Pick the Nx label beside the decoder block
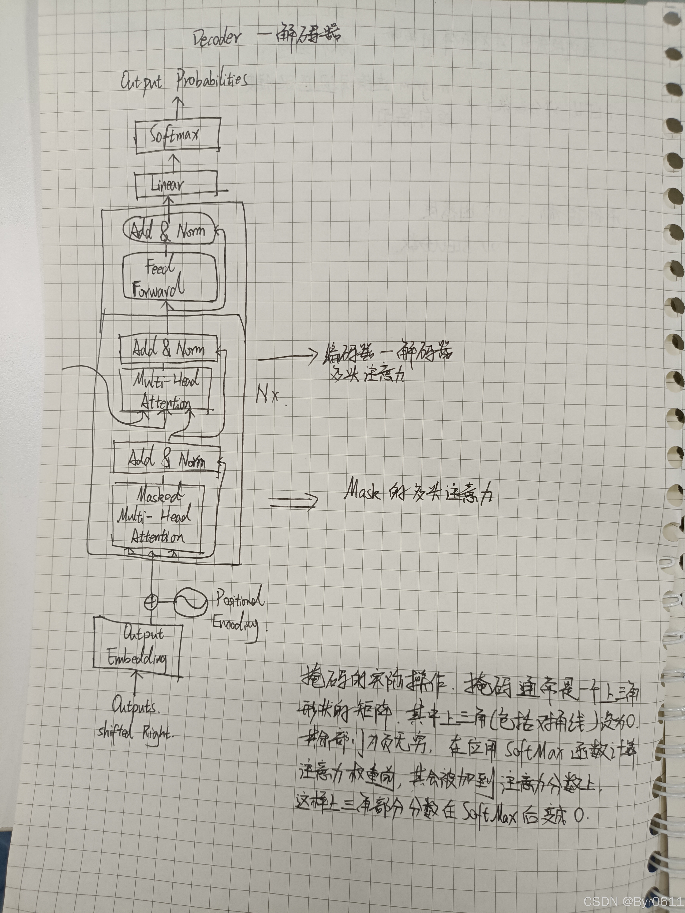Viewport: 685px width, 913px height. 267,394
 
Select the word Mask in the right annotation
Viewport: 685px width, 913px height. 362,491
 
